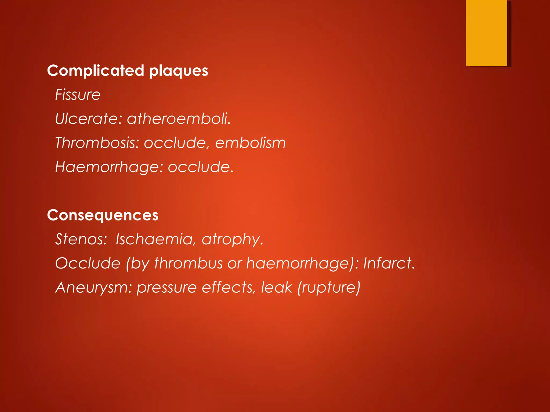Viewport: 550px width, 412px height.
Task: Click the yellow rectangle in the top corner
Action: point(486,33)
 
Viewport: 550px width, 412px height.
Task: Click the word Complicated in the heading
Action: point(96,71)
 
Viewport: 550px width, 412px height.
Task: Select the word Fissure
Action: point(78,95)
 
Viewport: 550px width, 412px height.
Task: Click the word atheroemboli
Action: point(179,119)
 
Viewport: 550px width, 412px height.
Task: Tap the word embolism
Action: point(250,143)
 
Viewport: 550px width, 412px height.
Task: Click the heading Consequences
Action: point(103,215)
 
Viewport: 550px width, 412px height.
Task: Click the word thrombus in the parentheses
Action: point(188,263)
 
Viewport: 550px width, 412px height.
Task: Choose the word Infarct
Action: point(389,263)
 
